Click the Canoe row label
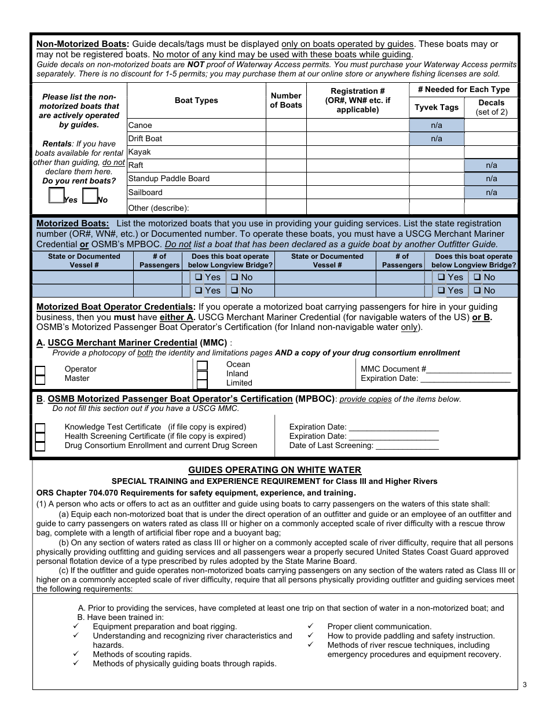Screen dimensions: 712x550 (140, 125)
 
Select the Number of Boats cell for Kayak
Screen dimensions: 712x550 (286, 152)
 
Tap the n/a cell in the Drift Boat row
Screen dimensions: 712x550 (437, 139)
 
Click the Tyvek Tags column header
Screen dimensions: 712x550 (437, 107)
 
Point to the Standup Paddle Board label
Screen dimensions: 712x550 (168, 179)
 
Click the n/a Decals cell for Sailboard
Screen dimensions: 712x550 (491, 193)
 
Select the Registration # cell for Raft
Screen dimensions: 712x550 (357, 166)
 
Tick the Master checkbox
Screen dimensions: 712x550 (40, 380)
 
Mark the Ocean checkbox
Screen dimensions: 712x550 (202, 365)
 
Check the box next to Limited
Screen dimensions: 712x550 (202, 384)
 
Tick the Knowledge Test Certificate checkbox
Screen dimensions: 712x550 (40, 428)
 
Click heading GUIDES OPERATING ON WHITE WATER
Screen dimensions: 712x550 (274, 470)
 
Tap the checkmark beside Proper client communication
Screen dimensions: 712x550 (310, 626)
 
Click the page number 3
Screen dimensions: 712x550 (525, 685)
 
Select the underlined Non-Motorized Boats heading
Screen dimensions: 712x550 (82, 44)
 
